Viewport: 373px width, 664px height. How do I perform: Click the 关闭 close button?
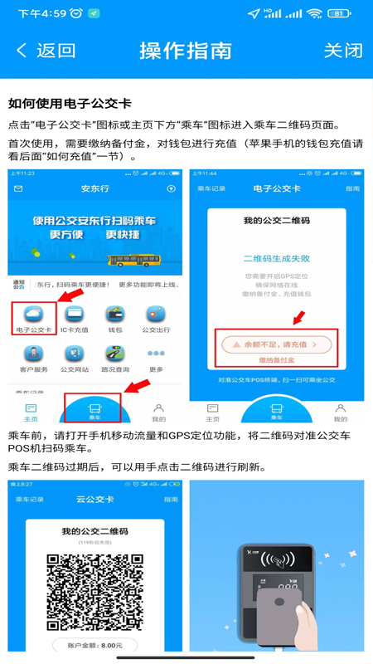click(342, 51)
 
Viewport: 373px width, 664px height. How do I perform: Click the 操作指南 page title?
click(186, 51)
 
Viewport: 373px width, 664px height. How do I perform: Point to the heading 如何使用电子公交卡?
click(70, 104)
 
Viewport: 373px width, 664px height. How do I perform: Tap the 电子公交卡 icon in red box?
click(34, 317)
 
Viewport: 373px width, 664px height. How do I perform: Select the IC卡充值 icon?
click(74, 317)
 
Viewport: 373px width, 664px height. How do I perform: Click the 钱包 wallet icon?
click(114, 317)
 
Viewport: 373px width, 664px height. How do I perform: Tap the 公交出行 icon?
click(155, 317)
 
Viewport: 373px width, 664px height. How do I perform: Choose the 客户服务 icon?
click(34, 359)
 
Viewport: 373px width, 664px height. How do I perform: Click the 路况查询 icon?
click(114, 359)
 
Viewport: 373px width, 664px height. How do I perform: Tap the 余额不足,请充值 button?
click(277, 343)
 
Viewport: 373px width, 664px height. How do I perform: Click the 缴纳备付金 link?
click(277, 360)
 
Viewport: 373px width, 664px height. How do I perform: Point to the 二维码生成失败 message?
click(277, 258)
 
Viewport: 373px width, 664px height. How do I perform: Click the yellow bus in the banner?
click(133, 259)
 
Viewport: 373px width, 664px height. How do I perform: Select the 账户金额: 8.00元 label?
click(94, 645)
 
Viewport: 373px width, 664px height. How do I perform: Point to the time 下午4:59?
click(41, 13)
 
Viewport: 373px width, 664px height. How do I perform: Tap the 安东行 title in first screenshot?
click(94, 188)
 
